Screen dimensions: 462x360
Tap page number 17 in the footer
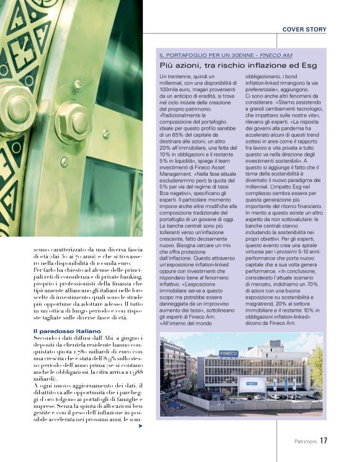pyautogui.click(x=324, y=441)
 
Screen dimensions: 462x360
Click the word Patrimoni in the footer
pyautogui.click(x=305, y=442)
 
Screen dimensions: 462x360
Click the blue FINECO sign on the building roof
pyautogui.click(x=227, y=353)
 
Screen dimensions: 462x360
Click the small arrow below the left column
pyautogui.click(x=140, y=427)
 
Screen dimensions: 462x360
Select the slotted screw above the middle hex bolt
pyautogui.click(x=77, y=84)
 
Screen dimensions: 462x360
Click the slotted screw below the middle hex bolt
pyautogui.click(x=65, y=162)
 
